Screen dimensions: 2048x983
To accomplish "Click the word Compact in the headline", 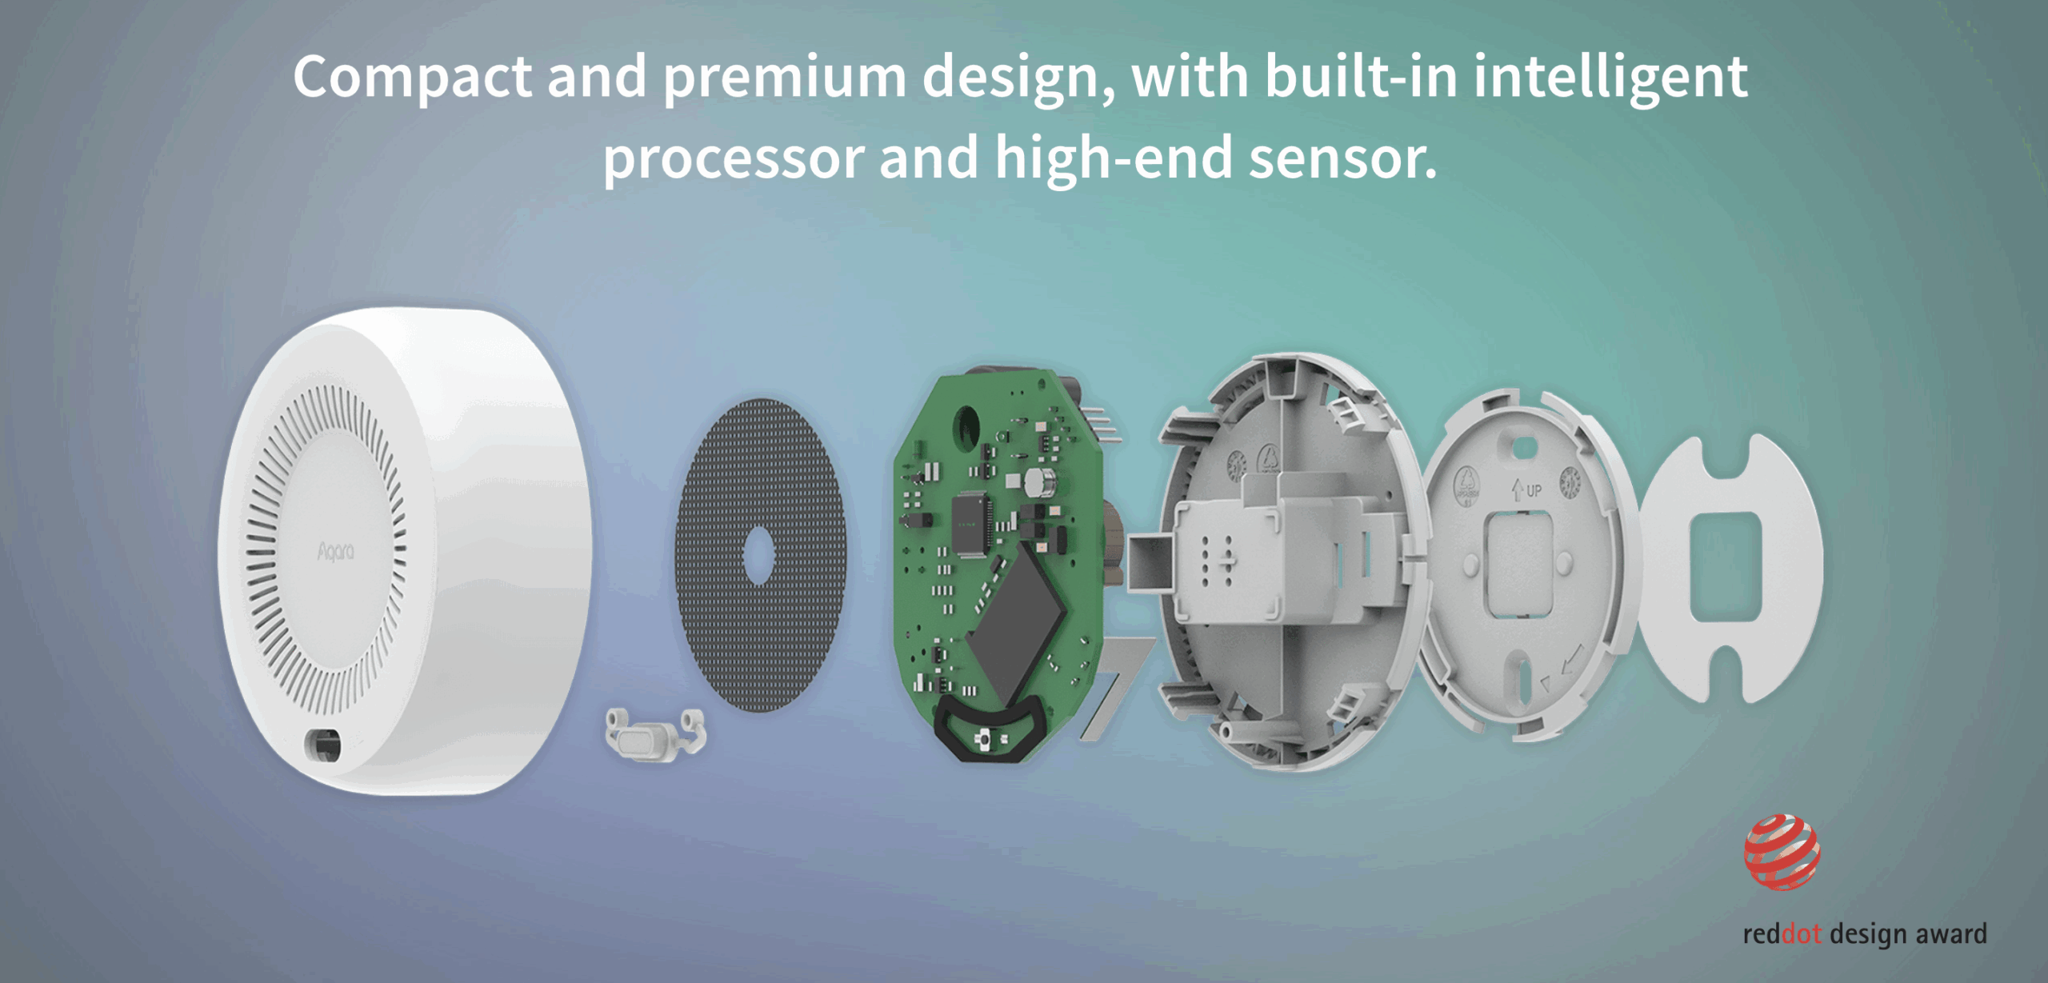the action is click(x=412, y=78).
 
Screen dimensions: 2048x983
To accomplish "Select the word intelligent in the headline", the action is click(x=1610, y=78).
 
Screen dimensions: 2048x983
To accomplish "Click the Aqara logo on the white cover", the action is click(x=336, y=552).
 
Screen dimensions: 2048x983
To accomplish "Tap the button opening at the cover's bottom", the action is click(x=324, y=745).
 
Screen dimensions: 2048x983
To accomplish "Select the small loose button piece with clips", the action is click(x=655, y=733).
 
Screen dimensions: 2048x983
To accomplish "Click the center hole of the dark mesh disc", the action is click(x=758, y=554).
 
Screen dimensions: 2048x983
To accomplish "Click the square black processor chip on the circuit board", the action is click(x=971, y=525).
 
